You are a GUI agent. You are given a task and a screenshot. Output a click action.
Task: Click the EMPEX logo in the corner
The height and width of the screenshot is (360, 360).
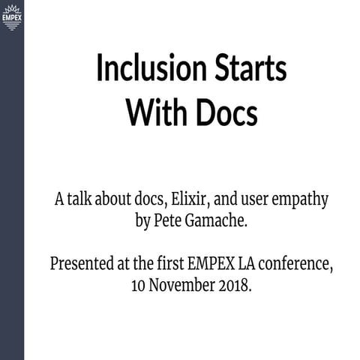[11, 15]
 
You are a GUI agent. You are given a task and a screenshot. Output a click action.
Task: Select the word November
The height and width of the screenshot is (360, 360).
[182, 286]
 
